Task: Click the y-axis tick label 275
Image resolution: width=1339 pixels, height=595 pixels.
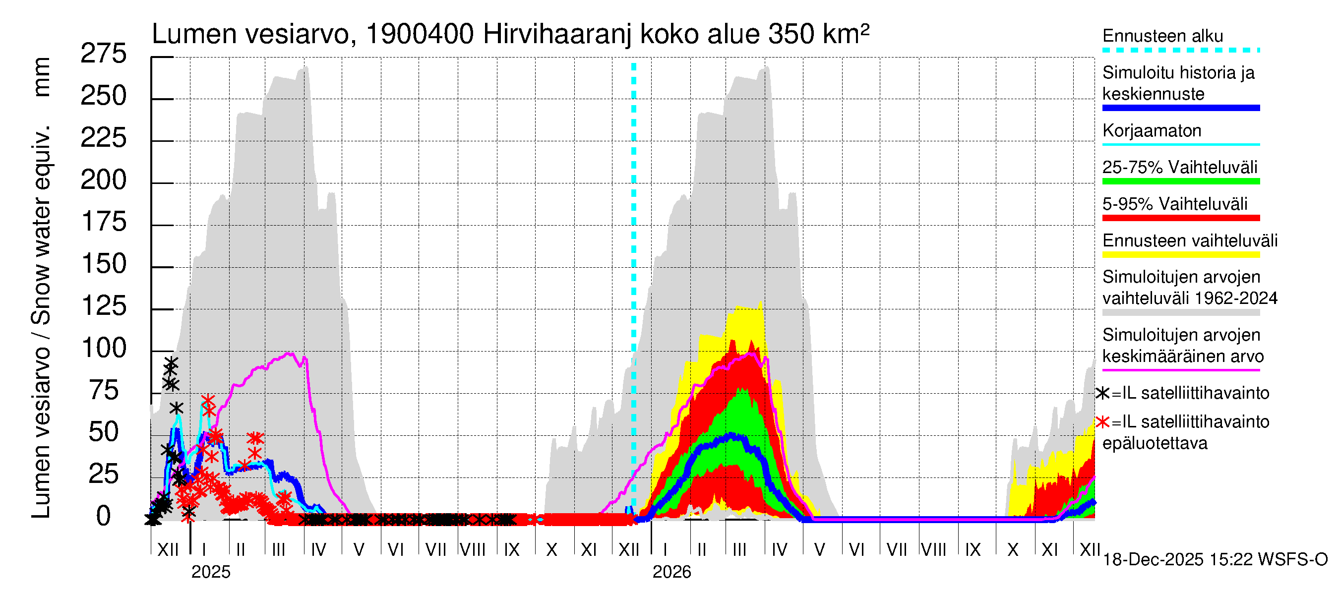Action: tap(104, 54)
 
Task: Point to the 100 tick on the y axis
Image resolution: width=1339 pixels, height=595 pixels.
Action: tap(104, 348)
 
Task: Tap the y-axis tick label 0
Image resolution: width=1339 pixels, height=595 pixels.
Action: tap(104, 517)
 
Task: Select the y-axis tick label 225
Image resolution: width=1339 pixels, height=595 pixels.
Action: tap(104, 138)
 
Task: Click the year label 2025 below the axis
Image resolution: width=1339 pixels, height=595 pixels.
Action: tap(210, 572)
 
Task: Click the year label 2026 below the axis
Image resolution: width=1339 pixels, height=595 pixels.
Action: tap(671, 572)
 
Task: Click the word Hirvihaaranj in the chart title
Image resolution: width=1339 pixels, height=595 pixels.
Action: tap(557, 34)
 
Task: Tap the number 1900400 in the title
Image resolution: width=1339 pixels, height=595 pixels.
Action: tap(420, 34)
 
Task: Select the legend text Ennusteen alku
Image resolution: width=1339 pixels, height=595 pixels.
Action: tap(1162, 36)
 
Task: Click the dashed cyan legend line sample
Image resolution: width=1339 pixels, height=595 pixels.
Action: tap(1180, 51)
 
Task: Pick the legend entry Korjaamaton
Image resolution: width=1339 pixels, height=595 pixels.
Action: tap(1152, 130)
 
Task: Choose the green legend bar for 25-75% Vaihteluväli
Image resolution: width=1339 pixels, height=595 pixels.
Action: tap(1180, 181)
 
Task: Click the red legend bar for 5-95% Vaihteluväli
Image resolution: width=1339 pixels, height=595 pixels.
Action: tap(1180, 218)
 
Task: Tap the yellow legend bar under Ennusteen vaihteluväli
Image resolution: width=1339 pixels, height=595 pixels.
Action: tap(1180, 255)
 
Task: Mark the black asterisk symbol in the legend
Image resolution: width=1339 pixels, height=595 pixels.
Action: tap(1102, 393)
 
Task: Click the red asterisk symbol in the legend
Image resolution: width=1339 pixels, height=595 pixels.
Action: tap(1102, 422)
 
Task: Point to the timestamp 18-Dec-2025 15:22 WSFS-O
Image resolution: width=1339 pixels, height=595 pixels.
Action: tap(1215, 560)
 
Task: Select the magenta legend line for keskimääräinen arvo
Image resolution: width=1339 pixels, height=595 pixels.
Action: tap(1180, 370)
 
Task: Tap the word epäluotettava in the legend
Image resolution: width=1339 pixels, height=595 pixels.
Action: tap(1155, 443)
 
